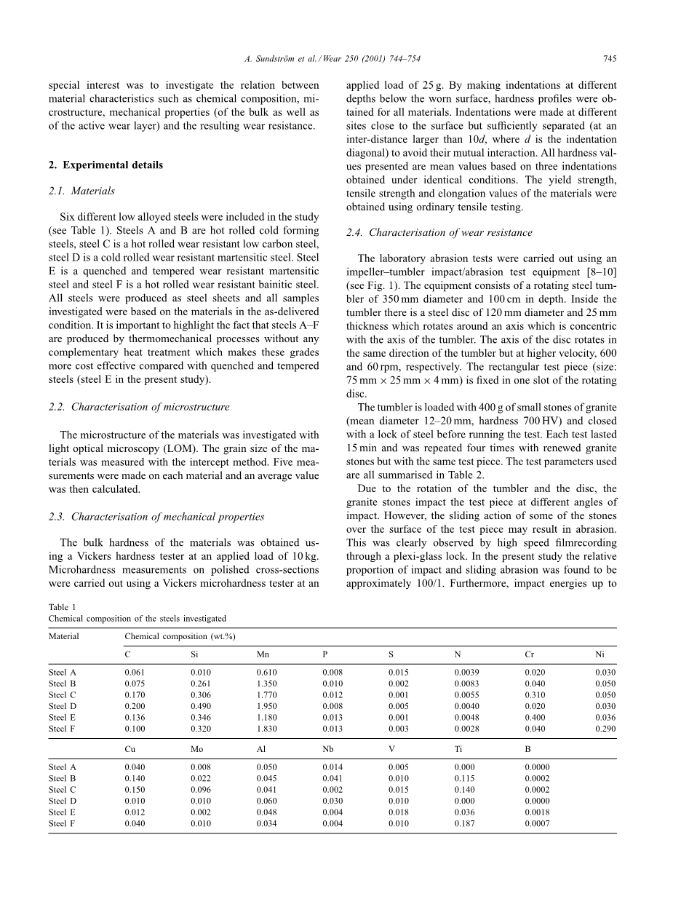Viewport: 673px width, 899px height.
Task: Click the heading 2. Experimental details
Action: (106, 165)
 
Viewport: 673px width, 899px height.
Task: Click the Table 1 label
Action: (62, 607)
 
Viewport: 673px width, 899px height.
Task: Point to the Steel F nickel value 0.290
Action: (605, 728)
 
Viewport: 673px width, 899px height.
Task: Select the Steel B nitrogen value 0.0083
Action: (467, 684)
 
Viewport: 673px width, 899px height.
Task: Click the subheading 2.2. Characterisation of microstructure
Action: (139, 407)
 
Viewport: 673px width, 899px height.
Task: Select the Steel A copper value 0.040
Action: (135, 767)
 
